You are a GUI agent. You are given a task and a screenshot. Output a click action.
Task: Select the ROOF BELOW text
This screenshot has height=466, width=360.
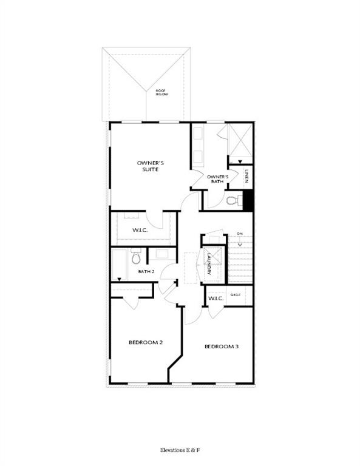click(x=161, y=92)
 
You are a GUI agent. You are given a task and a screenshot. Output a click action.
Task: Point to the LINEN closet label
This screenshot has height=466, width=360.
click(x=247, y=176)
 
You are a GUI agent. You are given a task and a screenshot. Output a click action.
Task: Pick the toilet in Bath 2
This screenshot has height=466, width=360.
click(x=135, y=257)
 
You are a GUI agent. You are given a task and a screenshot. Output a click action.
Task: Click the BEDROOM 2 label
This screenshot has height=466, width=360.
click(x=145, y=342)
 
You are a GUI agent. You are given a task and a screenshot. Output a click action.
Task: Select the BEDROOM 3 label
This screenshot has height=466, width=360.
click(x=221, y=346)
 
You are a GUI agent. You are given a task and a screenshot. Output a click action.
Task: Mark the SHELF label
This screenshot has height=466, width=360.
click(x=236, y=295)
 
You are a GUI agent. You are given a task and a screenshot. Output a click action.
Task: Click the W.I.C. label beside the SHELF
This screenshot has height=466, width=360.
click(x=216, y=299)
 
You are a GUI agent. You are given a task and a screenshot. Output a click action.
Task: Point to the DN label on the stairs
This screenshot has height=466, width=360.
click(x=240, y=234)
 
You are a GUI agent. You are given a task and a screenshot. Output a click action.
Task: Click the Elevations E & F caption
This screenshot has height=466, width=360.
click(x=180, y=450)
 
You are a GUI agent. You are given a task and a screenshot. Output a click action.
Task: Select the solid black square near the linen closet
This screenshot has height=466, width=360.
click(x=248, y=200)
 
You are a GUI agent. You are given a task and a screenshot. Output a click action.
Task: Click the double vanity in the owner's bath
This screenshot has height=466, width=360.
click(x=199, y=146)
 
